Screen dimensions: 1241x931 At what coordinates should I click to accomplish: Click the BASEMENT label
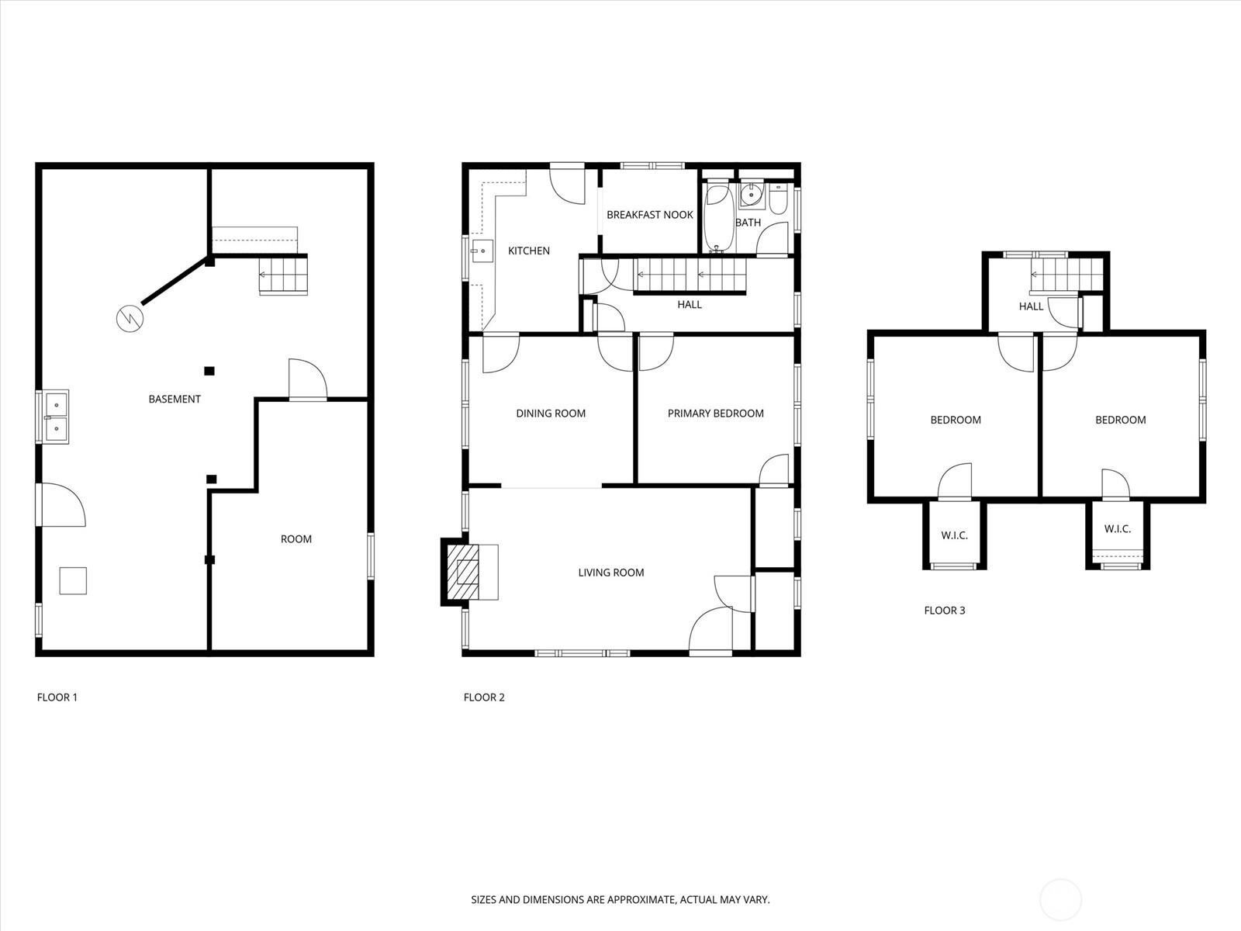tap(175, 399)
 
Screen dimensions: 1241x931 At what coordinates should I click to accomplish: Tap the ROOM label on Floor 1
tap(296, 539)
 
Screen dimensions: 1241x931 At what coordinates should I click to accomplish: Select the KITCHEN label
tap(529, 251)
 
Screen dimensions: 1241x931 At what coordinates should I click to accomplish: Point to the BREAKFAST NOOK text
tap(650, 215)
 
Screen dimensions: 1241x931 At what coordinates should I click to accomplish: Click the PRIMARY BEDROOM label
tap(716, 414)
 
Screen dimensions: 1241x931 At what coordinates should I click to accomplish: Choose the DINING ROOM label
tap(551, 414)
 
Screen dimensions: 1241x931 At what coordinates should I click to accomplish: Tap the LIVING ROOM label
tap(611, 573)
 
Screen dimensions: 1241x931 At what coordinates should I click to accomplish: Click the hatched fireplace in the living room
tap(462, 572)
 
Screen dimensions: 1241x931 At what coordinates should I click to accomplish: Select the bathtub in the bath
tap(718, 219)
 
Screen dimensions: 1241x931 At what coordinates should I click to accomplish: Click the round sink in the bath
tap(752, 195)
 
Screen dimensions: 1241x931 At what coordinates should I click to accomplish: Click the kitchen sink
tap(482, 251)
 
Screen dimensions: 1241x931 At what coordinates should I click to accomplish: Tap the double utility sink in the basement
tap(56, 417)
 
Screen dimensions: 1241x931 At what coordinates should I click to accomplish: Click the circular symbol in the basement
tap(130, 319)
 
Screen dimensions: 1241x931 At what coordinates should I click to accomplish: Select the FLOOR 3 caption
tap(945, 611)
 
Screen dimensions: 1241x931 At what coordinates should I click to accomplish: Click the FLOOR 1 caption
tap(57, 697)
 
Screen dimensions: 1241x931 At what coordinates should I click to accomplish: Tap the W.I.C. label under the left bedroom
tap(954, 535)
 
